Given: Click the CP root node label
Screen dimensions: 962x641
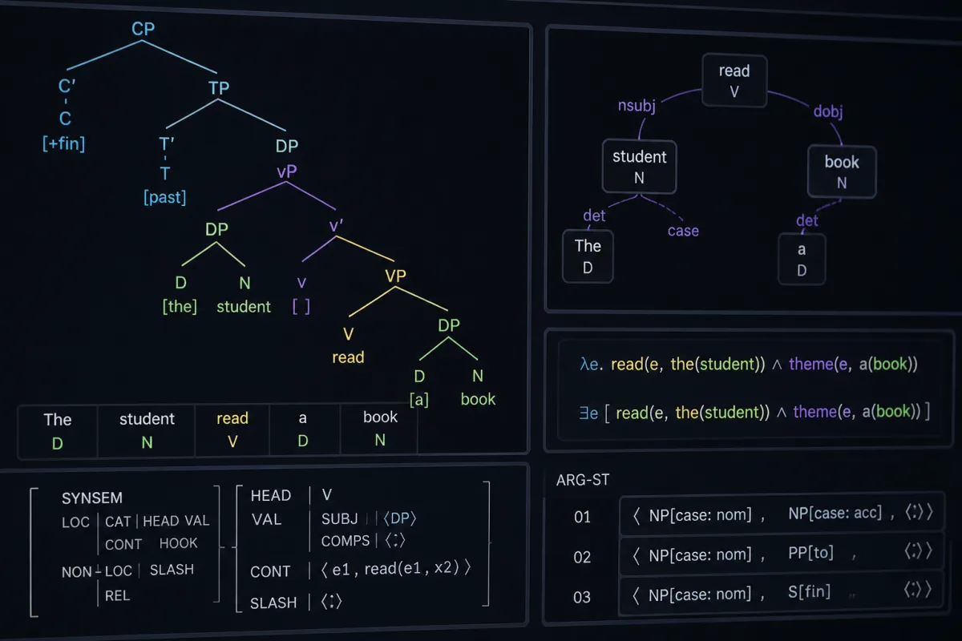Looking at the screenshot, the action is click(143, 29).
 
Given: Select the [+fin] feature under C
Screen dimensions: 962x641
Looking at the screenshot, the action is click(63, 143).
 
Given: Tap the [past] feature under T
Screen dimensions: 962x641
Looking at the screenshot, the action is click(165, 197).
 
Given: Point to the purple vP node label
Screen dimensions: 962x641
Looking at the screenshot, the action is click(287, 171).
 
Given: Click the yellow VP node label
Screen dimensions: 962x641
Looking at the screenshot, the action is click(395, 276).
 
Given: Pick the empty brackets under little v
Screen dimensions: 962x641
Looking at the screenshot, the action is click(301, 307).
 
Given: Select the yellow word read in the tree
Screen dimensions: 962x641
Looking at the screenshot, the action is click(348, 357).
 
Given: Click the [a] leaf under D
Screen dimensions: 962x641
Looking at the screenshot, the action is click(419, 400).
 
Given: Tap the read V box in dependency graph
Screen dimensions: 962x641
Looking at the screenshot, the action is click(734, 81).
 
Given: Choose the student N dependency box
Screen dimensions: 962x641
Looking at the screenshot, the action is click(640, 167).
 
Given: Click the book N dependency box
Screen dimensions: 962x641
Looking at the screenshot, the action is click(842, 171).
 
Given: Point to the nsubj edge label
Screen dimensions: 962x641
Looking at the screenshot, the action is click(637, 106).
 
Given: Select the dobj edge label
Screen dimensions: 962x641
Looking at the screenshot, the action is click(828, 111).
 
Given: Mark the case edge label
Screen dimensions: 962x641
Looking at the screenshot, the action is click(683, 231).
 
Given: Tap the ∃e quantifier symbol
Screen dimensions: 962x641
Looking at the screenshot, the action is click(588, 413).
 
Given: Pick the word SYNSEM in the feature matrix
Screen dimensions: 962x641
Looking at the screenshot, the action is click(92, 498).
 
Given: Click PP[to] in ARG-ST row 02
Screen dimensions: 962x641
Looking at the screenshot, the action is click(810, 553).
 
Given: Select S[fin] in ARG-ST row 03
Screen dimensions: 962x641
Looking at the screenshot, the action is click(809, 591).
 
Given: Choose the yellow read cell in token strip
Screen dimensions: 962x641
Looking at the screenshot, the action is click(232, 429).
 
